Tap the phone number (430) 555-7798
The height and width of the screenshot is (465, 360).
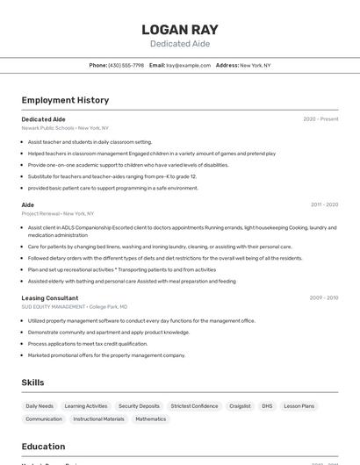[126, 66]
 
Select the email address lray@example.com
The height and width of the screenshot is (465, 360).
[189, 66]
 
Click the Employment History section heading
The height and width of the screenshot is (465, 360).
[65, 100]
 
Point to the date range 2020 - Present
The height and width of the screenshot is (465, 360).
[320, 119]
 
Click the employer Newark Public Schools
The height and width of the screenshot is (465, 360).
[47, 127]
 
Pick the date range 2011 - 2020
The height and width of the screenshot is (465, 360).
[324, 204]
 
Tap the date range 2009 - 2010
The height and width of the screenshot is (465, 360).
[324, 298]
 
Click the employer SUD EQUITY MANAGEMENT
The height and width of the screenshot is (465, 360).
[54, 307]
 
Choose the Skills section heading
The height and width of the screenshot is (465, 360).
[32, 383]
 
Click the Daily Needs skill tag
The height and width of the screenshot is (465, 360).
[40, 406]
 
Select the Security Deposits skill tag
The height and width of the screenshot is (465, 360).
[139, 406]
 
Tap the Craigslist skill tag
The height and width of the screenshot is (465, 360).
[240, 406]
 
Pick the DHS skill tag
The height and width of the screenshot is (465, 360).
[267, 406]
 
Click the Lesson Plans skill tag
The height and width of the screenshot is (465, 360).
[299, 406]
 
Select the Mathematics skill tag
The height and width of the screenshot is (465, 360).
[150, 419]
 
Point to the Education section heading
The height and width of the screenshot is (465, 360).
[43, 447]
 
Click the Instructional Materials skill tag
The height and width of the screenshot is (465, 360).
[98, 419]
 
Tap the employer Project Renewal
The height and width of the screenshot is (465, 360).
[40, 213]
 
